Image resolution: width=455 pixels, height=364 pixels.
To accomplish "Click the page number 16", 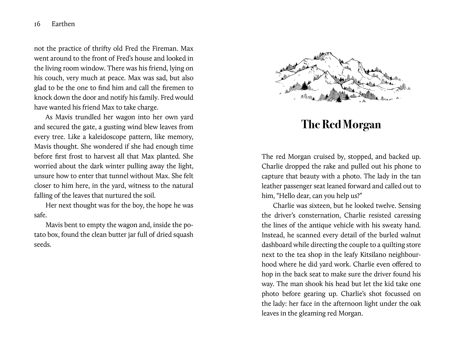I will [37, 24].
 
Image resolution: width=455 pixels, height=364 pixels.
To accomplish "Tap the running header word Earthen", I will [63, 24].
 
